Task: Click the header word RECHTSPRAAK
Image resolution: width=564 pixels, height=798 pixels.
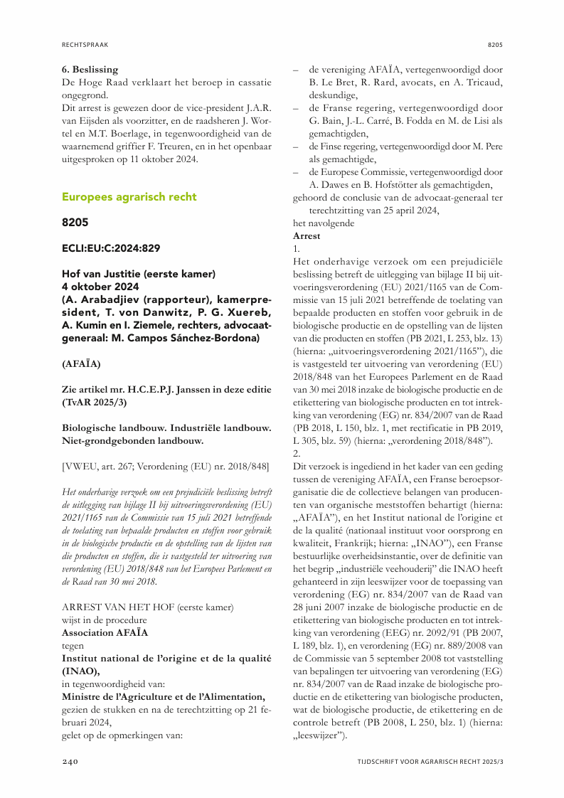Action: (85, 44)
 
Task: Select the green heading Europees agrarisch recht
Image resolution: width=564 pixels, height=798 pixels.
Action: (129, 196)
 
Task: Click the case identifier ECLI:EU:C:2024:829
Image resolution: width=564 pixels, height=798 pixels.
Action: (110, 248)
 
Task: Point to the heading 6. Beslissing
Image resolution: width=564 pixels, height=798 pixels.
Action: (90, 70)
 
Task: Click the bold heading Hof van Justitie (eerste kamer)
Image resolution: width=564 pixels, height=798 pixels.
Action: (134, 274)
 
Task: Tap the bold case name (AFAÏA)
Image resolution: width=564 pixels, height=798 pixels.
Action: (81, 363)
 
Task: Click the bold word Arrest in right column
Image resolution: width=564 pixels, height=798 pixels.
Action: (307, 235)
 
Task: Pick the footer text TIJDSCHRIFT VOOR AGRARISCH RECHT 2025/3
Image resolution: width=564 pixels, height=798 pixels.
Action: (430, 762)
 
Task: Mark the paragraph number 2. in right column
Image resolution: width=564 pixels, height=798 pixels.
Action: (297, 454)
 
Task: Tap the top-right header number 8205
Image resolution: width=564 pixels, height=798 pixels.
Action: (495, 44)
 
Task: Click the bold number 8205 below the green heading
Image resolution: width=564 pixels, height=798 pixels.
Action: (75, 223)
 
